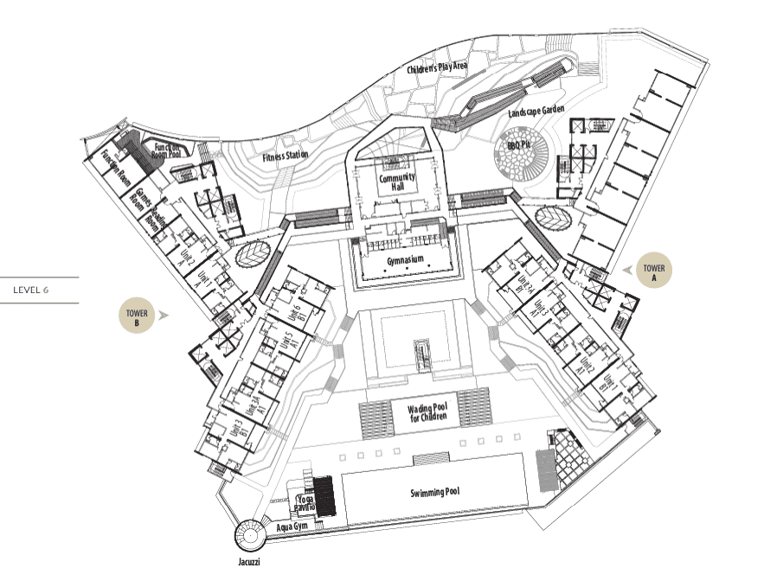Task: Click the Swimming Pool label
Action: coord(433,492)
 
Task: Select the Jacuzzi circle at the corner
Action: coord(250,535)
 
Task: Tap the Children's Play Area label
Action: coord(439,68)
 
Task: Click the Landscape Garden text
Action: coord(536,112)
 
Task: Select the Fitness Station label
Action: coord(285,156)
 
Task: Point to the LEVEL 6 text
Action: coord(30,290)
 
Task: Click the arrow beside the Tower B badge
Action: coord(164,316)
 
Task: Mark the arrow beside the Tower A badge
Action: coord(626,270)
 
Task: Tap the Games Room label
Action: coord(138,196)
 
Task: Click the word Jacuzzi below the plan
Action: coord(248,561)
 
